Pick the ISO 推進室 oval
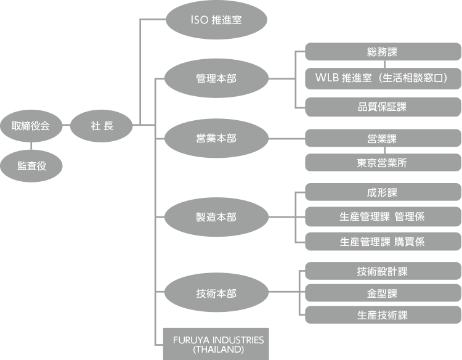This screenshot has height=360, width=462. tap(216, 20)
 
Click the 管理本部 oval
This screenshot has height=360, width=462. tap(216, 79)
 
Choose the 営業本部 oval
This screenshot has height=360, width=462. tap(216, 139)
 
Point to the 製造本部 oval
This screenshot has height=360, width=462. tap(216, 218)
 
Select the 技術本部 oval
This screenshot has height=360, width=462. tap(216, 293)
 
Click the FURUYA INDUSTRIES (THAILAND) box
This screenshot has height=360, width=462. tap(216, 344)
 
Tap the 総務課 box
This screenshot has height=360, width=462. tap(383, 52)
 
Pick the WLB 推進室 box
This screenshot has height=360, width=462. tap(383, 79)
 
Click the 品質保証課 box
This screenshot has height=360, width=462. tap(383, 107)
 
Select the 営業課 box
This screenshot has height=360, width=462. tap(383, 138)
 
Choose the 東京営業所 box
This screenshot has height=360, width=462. tap(383, 163)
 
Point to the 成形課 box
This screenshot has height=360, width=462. tap(383, 192)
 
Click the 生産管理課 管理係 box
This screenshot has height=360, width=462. tap(383, 216)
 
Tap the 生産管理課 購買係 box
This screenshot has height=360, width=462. tap(383, 242)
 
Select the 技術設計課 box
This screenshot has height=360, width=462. tap(383, 271)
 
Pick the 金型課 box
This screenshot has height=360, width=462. tap(383, 293)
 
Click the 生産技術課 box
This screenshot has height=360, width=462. tap(383, 315)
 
